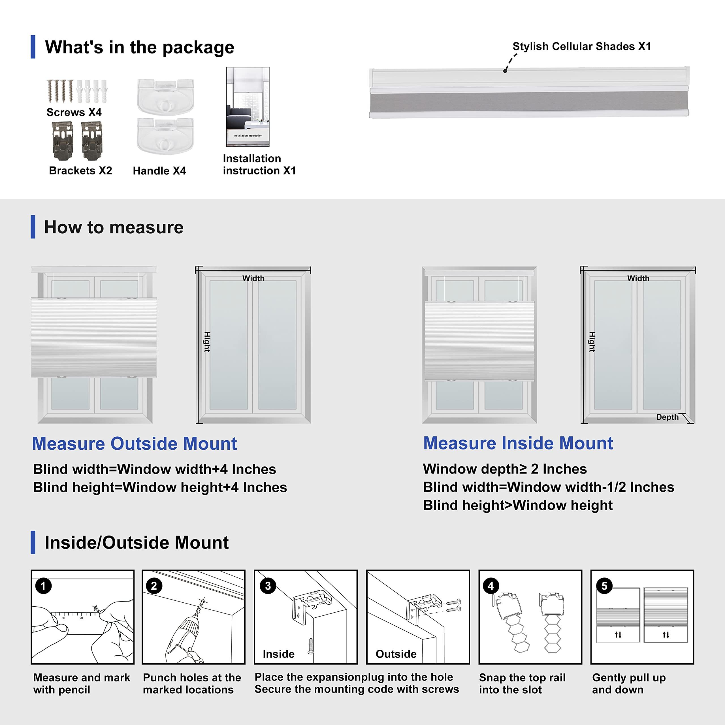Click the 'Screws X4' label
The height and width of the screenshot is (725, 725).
74,112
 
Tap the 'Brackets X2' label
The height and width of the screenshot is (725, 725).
80,170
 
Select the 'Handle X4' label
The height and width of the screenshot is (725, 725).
159,171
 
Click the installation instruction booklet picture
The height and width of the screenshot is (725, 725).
248,107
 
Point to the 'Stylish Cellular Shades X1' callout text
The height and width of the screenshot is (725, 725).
582,46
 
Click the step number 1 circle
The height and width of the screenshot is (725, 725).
43,586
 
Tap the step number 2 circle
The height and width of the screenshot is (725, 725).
154,586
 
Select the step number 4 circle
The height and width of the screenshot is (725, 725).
491,586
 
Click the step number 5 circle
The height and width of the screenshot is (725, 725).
604,586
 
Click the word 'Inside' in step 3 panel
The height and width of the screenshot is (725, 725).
278,654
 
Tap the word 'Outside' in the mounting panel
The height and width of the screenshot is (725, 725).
396,654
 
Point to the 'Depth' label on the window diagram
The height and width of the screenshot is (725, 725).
667,417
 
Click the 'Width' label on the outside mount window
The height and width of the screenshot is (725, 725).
253,278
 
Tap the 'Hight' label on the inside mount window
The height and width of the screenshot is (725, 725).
592,342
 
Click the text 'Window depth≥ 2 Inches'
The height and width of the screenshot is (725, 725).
505,469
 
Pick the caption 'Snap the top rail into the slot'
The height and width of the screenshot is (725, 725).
522,683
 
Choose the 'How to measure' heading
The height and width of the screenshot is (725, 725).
114,227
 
